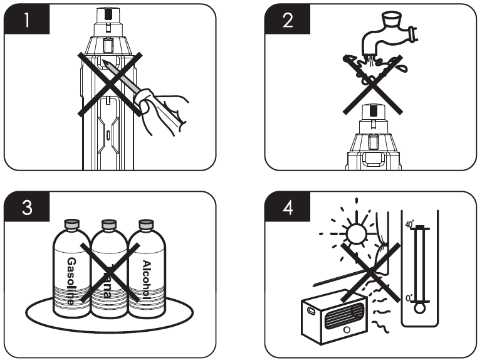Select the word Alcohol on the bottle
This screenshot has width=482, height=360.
147,279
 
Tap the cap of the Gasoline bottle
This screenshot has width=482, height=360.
70,224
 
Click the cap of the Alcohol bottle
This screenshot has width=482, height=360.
147,224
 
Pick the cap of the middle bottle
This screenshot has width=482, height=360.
109,224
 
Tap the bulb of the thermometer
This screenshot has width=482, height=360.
420,307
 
